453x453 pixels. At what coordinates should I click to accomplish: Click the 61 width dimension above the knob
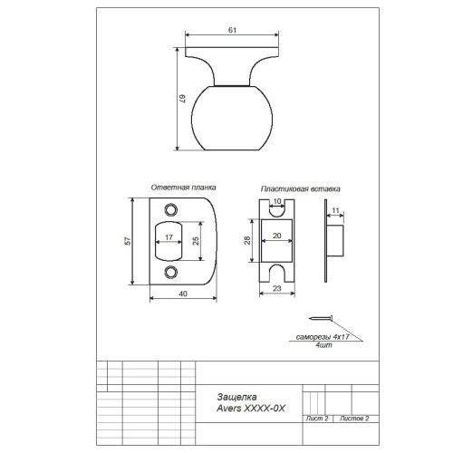232,30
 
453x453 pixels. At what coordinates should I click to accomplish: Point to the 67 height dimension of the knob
183,99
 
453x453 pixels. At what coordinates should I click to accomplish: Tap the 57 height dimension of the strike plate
128,241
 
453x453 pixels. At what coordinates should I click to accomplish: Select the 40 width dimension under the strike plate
183,294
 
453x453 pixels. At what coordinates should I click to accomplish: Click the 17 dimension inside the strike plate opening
169,237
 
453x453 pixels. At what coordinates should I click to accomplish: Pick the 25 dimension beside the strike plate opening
196,241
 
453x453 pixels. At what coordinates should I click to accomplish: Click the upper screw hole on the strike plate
170,209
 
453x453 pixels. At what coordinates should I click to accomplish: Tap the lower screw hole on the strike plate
170,272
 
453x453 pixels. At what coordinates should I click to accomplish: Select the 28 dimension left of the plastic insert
247,240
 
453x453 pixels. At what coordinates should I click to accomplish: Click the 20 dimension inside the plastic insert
276,236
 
